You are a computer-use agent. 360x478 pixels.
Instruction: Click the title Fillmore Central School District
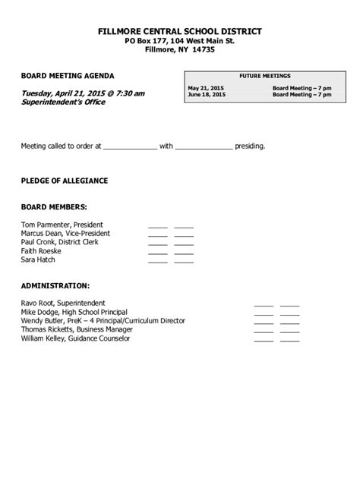pyautogui.click(x=180, y=31)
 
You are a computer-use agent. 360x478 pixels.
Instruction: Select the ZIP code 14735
pyautogui.click(x=203, y=49)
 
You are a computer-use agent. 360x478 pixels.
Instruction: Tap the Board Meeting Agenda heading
pyautogui.click(x=68, y=77)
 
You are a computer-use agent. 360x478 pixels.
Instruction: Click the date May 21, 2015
pyautogui.click(x=207, y=88)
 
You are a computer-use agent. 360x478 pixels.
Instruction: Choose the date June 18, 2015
pyautogui.click(x=207, y=95)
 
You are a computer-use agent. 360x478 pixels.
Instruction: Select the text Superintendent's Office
pyautogui.click(x=63, y=102)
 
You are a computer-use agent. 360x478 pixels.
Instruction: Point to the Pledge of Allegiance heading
pyautogui.click(x=65, y=181)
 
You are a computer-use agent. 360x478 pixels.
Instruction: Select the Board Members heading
pyautogui.click(x=54, y=206)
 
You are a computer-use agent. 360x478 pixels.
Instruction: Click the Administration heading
pyautogui.click(x=55, y=285)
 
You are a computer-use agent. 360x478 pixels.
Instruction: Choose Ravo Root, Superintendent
pyautogui.click(x=63, y=303)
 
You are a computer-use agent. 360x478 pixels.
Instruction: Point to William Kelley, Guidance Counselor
pyautogui.click(x=75, y=338)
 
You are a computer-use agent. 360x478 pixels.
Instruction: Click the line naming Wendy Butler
pyautogui.click(x=103, y=321)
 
